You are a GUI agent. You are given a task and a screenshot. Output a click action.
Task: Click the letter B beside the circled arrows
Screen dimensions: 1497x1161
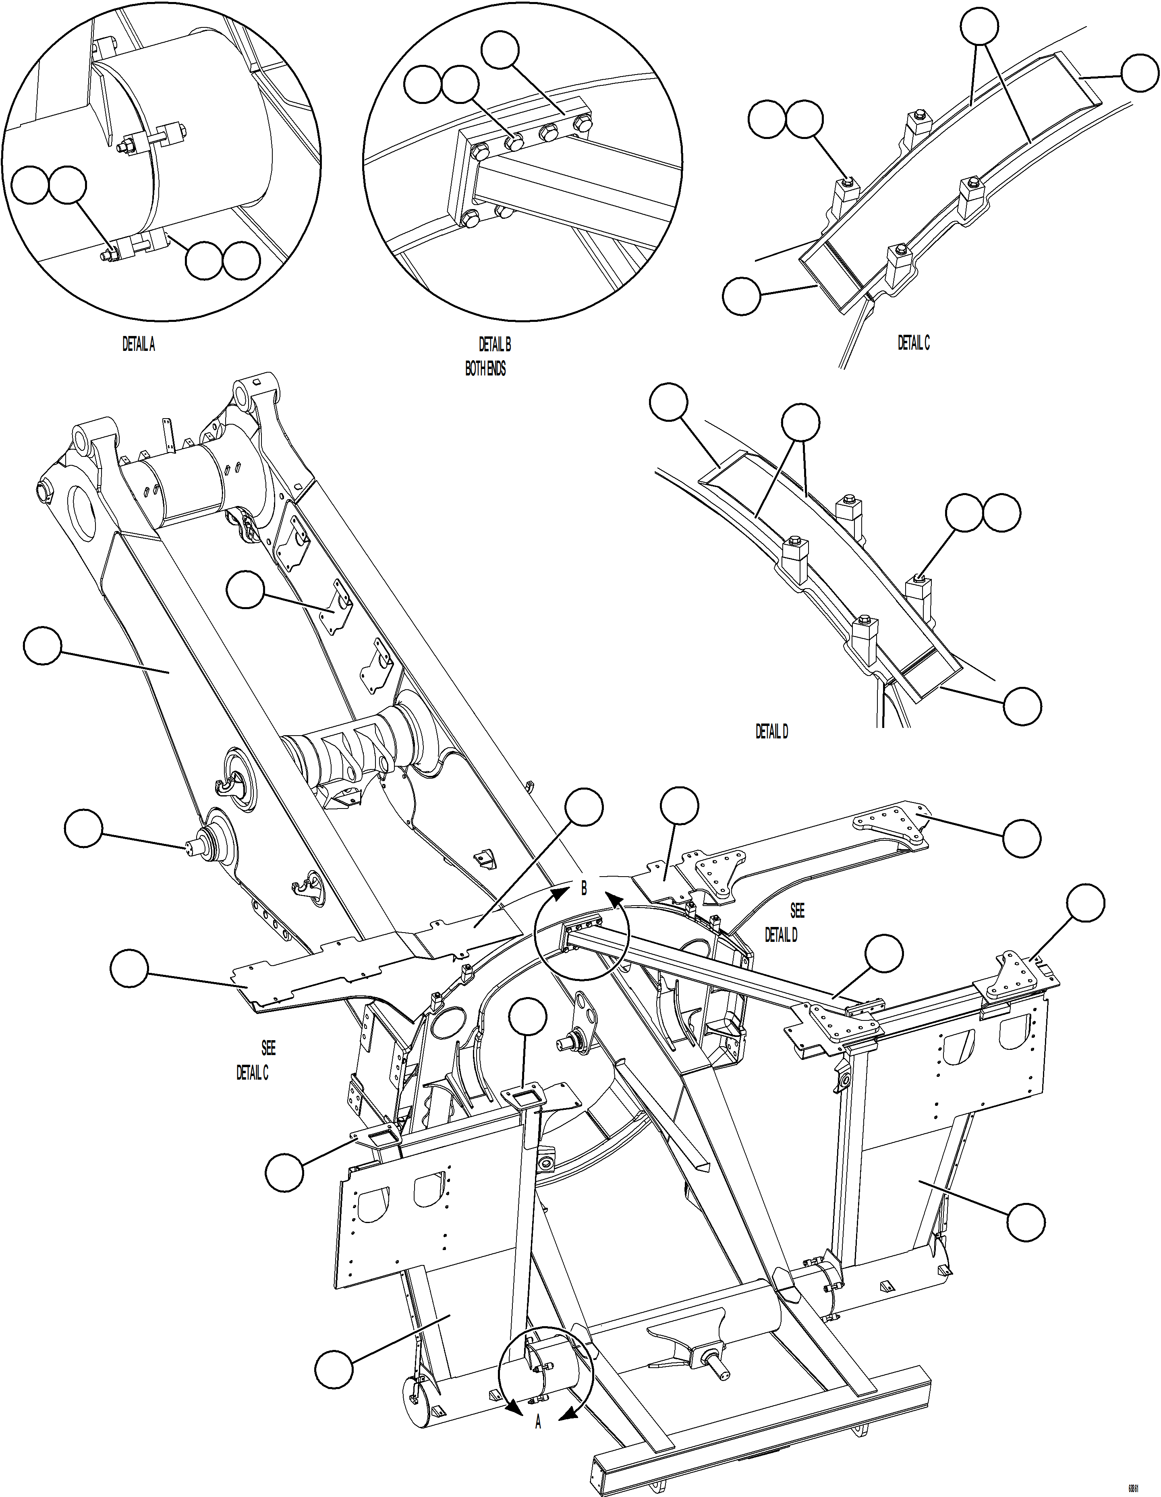click(584, 888)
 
